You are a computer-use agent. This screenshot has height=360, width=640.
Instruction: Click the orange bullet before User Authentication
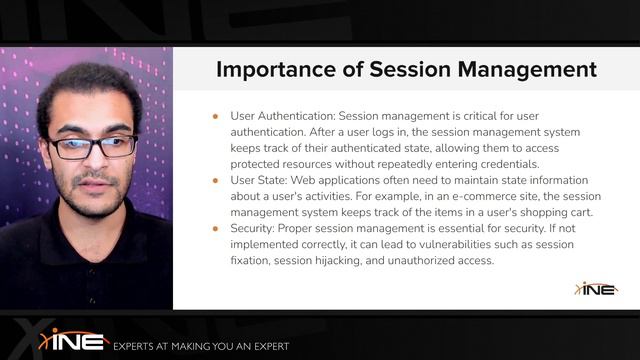click(215, 117)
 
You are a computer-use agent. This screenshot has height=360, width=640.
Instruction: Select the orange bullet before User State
click(215, 181)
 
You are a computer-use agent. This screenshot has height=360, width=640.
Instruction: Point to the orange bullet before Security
click(215, 229)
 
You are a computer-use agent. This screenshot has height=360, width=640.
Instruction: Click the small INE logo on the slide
click(596, 289)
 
